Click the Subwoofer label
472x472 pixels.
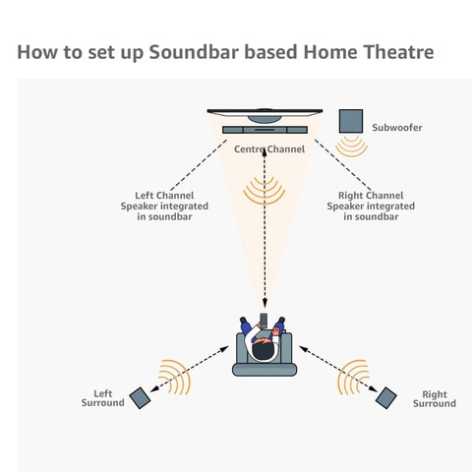point(397,128)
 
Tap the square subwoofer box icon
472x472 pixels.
point(351,121)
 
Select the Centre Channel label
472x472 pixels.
point(269,149)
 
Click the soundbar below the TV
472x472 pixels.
point(265,130)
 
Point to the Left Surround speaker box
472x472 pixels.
point(140,398)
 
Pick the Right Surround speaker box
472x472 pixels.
point(386,398)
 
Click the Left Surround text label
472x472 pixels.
point(103,398)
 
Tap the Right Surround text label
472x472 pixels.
point(435,398)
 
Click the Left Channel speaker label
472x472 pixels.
point(164,206)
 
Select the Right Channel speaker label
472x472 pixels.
point(371,206)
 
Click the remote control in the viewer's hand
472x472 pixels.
point(264,321)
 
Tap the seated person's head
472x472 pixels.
point(264,349)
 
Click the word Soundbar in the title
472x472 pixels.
point(194,52)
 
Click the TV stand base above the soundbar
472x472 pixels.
point(265,119)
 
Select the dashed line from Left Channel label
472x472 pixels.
point(199,165)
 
